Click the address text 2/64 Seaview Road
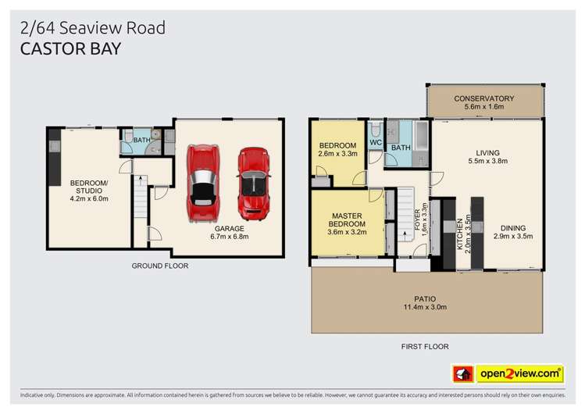[x=93, y=28]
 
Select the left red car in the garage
[x=203, y=181]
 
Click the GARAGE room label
[x=228, y=227]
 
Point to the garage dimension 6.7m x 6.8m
[x=228, y=236]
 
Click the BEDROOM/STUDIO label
[x=90, y=187]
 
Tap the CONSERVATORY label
[x=484, y=98]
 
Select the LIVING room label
[x=488, y=153]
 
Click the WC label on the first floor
[x=375, y=143]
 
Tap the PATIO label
[x=426, y=298]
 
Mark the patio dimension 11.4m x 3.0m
[x=426, y=308]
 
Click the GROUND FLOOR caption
[x=159, y=266]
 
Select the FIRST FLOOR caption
[x=425, y=344]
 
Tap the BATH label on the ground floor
[x=141, y=141]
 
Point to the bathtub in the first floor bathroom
[x=423, y=144]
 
